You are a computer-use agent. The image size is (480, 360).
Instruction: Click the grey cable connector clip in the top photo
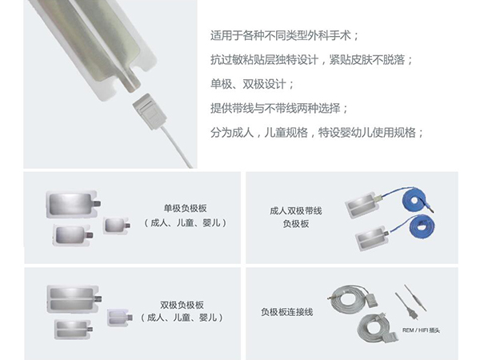pos(150,111)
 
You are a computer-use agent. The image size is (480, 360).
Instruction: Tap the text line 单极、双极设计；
pos(252,84)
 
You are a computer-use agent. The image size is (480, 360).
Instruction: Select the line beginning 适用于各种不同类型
pos(285,36)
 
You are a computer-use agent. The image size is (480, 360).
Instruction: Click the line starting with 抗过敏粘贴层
pos(312,60)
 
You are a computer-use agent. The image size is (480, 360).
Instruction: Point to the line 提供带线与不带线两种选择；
pos(279,108)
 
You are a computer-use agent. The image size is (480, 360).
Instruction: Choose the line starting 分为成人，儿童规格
pos(317,133)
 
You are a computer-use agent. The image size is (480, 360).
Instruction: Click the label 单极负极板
pos(186,209)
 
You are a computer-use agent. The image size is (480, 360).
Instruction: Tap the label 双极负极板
pos(182,305)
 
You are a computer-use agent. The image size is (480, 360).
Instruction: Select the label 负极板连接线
pos(287,312)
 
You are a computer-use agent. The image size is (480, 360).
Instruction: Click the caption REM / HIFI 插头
pos(421,330)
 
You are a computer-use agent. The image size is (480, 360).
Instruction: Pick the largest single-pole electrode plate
pos(74,204)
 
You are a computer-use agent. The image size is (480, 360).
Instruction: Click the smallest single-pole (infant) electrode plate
pos(116,226)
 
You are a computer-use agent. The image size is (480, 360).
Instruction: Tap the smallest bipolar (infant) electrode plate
pos(120,318)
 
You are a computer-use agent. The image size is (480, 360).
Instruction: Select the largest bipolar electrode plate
pos(74,299)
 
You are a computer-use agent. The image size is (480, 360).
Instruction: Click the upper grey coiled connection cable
pos(352,298)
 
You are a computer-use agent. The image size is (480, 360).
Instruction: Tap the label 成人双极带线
pos(296,211)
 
